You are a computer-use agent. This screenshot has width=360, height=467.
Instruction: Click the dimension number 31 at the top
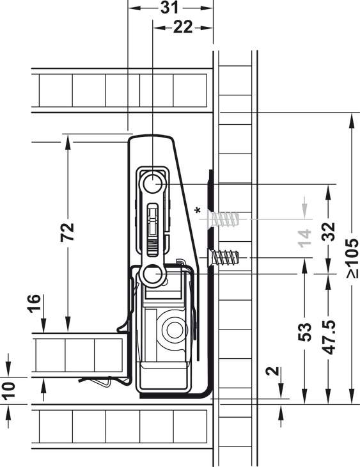(169, 8)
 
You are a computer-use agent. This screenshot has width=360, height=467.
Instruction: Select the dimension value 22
(183, 28)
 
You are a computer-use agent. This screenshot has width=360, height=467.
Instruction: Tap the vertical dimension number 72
(67, 232)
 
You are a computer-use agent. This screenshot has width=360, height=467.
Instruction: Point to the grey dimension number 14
(304, 238)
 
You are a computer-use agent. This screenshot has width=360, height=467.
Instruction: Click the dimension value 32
(329, 232)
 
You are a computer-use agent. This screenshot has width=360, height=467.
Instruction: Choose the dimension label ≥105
(352, 258)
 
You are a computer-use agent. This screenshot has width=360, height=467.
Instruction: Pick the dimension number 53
(304, 332)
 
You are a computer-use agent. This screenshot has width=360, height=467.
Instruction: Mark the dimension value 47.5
(329, 337)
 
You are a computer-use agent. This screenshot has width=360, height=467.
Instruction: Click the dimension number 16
(34, 303)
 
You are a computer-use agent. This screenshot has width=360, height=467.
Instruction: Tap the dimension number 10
(9, 390)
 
